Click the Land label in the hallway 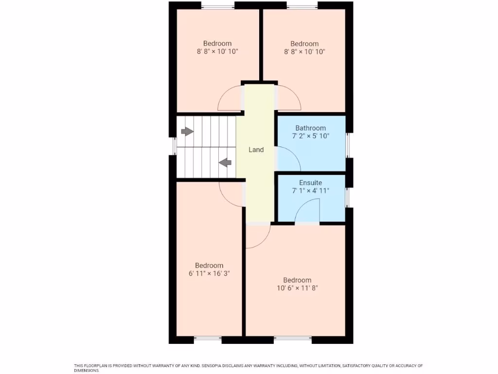click(256, 150)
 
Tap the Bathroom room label click(310, 128)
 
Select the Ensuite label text click(310, 183)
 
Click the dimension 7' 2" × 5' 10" click(310, 136)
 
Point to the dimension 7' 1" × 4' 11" click(310, 191)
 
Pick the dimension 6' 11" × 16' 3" click(209, 274)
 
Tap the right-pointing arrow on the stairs click(187, 131)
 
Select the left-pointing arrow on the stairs click(225, 163)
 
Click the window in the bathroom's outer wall click(348, 145)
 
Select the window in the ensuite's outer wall click(348, 197)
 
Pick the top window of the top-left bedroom click(218, 6)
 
